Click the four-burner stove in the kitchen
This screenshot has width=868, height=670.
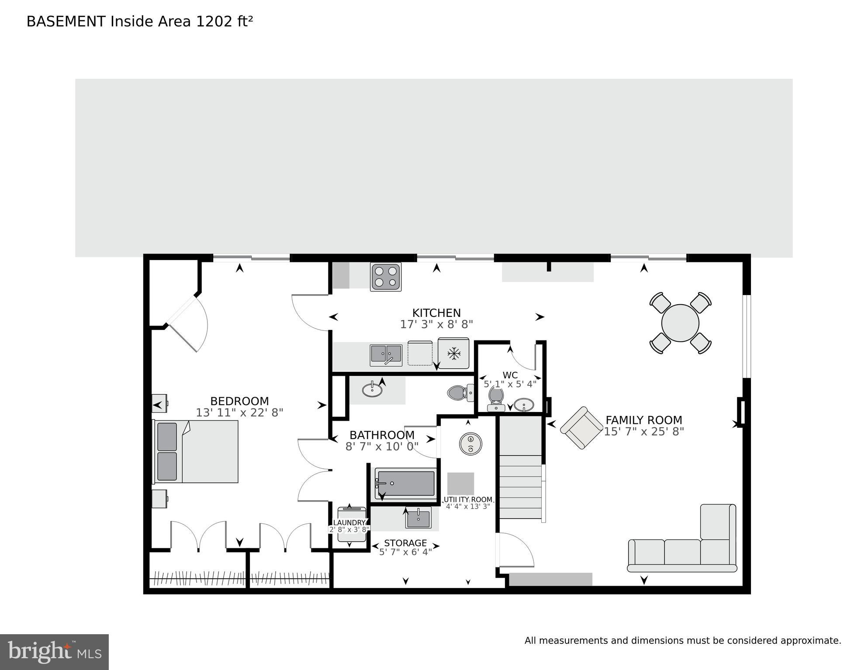coord(385,276)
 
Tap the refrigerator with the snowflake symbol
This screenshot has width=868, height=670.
coord(453,353)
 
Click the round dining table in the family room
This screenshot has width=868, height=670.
coord(680,323)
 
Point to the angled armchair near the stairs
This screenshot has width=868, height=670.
coord(581,428)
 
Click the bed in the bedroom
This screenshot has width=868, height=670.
coord(196,451)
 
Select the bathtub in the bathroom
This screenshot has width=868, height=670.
coord(406,484)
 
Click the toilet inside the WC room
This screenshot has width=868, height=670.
coord(496,397)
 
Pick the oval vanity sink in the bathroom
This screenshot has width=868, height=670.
coord(372,389)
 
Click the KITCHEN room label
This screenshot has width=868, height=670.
coord(436,313)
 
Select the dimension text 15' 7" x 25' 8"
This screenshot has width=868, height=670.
coord(643,432)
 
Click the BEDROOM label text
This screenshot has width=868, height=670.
coord(239,401)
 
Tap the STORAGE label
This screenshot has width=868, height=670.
coord(405,543)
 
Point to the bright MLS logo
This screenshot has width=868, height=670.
coord(54,652)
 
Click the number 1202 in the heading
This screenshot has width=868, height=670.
coord(214,21)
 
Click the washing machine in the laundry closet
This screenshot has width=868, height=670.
coord(351,524)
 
